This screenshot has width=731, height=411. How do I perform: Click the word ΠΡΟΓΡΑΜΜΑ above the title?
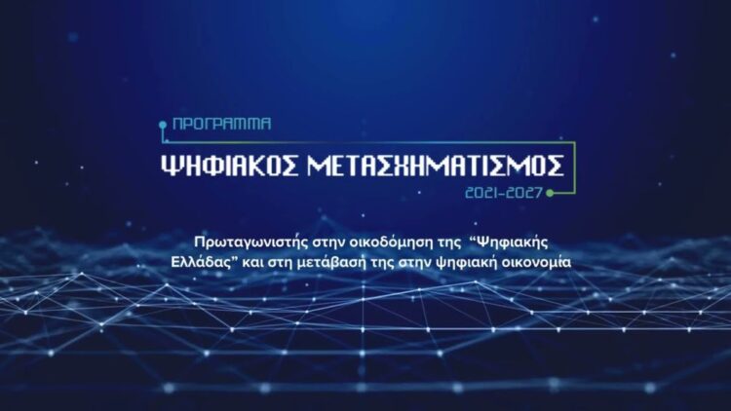tap(221, 126)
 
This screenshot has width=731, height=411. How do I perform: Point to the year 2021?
tap(485, 193)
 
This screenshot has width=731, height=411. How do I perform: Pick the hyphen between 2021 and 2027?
tap(506, 193)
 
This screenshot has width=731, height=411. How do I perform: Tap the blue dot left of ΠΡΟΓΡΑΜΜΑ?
tap(163, 126)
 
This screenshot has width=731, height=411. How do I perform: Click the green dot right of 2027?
tap(551, 193)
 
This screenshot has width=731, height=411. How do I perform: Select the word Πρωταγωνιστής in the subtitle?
tap(242, 241)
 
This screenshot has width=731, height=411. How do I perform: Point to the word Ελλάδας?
tap(191, 263)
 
